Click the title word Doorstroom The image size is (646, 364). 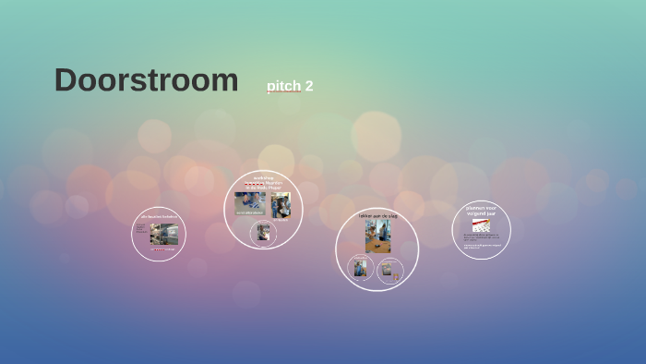[146, 80]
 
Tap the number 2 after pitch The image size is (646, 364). [309, 86]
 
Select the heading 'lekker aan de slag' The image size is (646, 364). [377, 215]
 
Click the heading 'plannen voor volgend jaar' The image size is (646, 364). [482, 212]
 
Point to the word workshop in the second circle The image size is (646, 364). [264, 177]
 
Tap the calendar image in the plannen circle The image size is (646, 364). [481, 224]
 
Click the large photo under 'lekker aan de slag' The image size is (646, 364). [377, 236]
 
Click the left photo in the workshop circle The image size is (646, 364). [249, 200]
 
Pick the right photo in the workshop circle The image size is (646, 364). [281, 203]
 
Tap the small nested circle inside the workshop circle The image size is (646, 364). [264, 234]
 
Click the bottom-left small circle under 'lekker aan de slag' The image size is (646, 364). [360, 269]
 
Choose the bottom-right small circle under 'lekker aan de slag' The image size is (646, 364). [390, 270]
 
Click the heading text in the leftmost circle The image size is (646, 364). [159, 216]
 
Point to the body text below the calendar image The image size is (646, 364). [482, 241]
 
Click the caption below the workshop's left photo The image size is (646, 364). [248, 213]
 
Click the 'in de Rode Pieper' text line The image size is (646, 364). [264, 188]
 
